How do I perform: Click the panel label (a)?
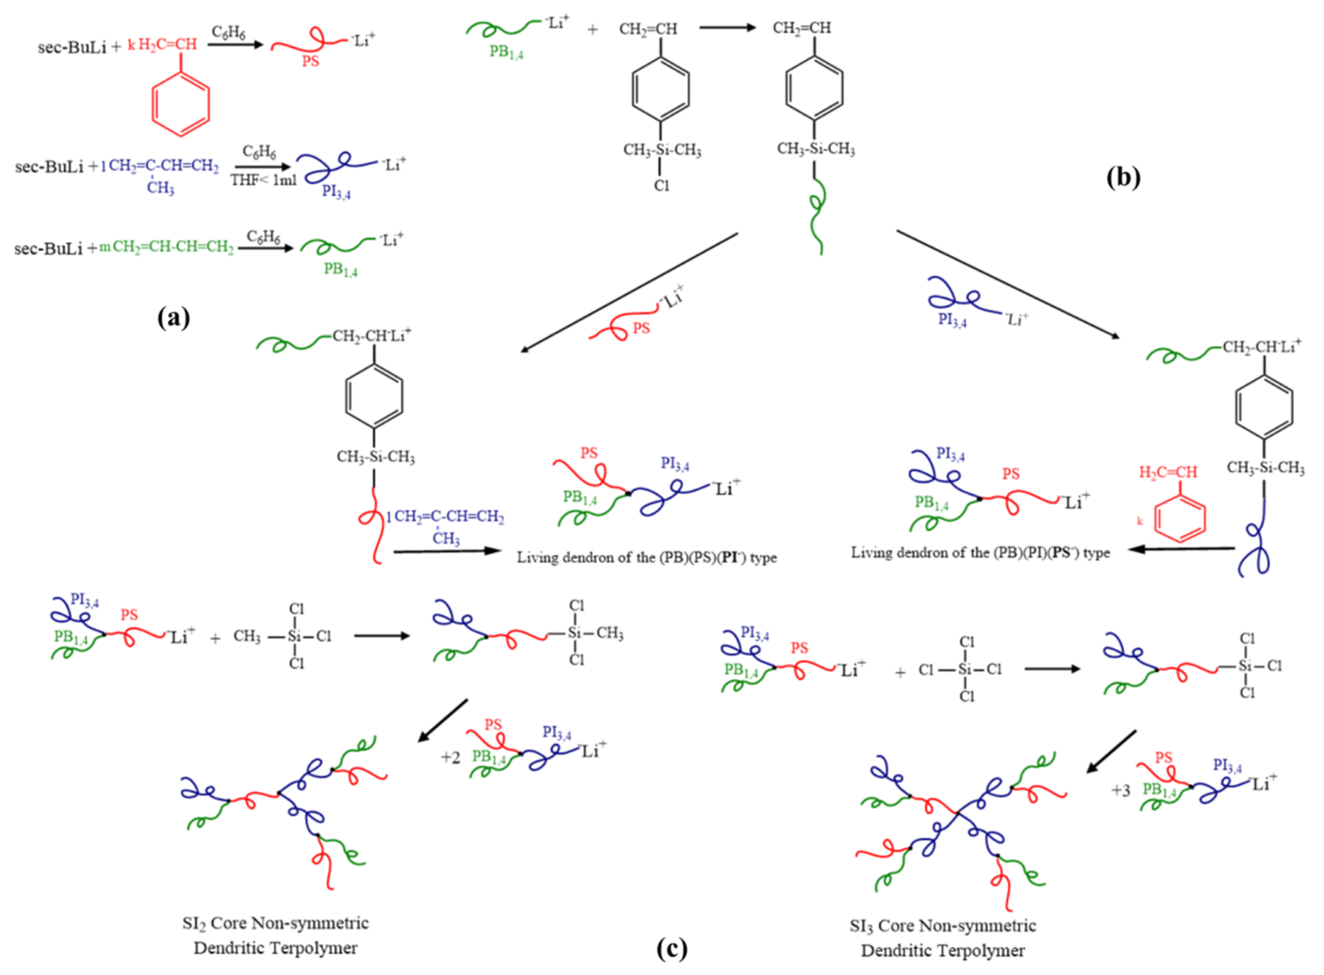point(173,318)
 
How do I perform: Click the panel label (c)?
point(672,949)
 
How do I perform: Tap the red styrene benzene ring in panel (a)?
point(180,104)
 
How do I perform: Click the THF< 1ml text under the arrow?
point(263,180)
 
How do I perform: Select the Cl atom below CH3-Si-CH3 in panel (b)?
point(661,186)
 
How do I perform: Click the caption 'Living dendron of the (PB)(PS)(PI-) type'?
point(647,558)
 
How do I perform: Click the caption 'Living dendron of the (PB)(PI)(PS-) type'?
point(980,553)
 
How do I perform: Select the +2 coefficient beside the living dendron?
point(450,757)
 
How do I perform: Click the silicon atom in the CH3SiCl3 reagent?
point(294,636)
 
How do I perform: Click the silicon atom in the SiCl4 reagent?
point(965,669)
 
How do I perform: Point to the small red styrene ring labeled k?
point(1179,518)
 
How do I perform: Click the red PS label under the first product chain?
point(310,62)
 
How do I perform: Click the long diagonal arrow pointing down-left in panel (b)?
point(629,292)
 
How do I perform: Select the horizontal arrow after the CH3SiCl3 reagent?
point(382,636)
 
